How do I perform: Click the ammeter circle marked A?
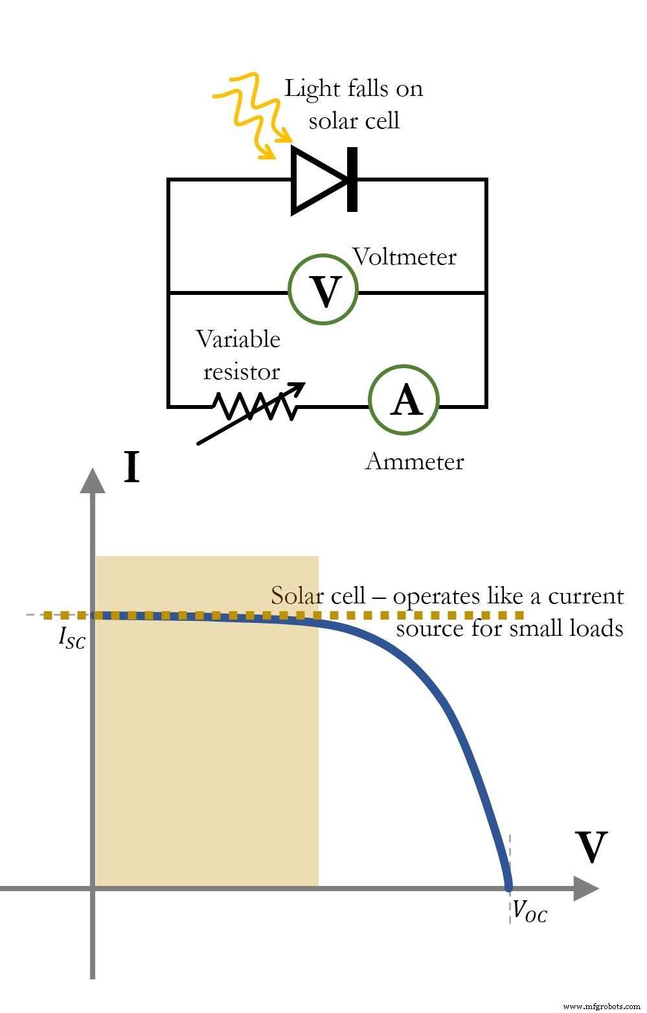pos(404,400)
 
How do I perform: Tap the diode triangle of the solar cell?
pos(317,180)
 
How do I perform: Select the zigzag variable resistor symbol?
pos(255,406)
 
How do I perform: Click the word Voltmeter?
pos(405,257)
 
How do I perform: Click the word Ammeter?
pos(414,461)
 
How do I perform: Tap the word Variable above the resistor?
pos(238,339)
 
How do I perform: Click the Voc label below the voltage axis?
pos(529,911)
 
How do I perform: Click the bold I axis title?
pos(131,467)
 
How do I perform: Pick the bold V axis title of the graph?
pos(591,848)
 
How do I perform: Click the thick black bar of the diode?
pos(352,180)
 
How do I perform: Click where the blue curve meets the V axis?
pos(508,886)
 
